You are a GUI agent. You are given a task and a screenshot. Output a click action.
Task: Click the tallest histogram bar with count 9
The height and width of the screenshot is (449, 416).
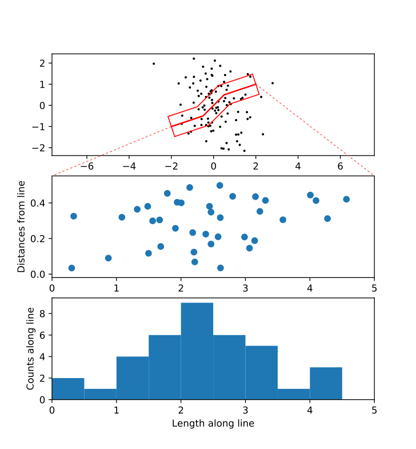coord(197,351)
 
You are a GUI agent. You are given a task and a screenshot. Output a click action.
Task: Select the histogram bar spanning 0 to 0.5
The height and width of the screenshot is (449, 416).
coord(68,388)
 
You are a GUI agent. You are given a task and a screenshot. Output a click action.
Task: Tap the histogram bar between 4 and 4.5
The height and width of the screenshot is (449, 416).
coord(326,383)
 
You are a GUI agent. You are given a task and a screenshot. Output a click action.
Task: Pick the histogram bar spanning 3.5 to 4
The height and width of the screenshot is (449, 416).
coord(294,394)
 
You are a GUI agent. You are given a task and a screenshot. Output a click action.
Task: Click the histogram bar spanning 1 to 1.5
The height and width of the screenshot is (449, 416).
coord(133,378)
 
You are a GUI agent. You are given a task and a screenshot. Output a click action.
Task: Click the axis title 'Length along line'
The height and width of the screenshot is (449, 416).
coord(213,424)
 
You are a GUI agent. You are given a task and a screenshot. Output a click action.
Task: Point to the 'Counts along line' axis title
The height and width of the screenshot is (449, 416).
coord(31,348)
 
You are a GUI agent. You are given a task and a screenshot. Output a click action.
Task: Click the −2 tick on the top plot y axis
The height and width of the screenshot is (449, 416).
coord(41,148)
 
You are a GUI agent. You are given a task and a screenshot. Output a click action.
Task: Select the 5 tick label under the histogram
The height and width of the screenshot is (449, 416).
coord(374,410)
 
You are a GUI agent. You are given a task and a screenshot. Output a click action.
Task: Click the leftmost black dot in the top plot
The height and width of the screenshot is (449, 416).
coord(154,63)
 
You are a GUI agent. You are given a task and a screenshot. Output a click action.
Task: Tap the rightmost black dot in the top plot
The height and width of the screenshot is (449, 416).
coord(273,83)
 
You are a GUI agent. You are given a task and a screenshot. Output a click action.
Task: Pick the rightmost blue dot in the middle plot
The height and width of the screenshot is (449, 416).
coord(346,199)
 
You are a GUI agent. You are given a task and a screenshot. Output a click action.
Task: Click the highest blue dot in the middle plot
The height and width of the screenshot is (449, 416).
coord(220,185)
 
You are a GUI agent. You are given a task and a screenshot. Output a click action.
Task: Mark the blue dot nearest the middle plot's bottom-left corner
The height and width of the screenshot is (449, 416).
coord(71,268)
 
